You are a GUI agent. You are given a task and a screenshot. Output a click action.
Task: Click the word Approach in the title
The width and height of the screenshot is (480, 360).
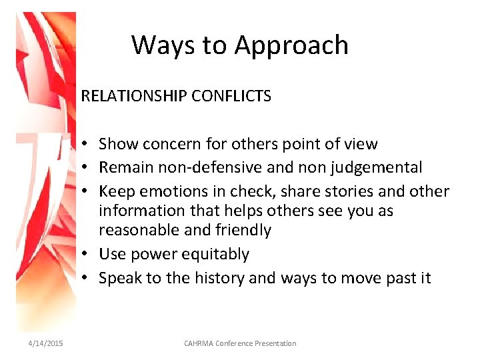(x=291, y=45)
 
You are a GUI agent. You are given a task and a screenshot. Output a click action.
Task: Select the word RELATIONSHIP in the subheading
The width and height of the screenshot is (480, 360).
(x=133, y=96)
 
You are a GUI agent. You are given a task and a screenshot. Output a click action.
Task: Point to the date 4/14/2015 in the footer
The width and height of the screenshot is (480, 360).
(x=46, y=343)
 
